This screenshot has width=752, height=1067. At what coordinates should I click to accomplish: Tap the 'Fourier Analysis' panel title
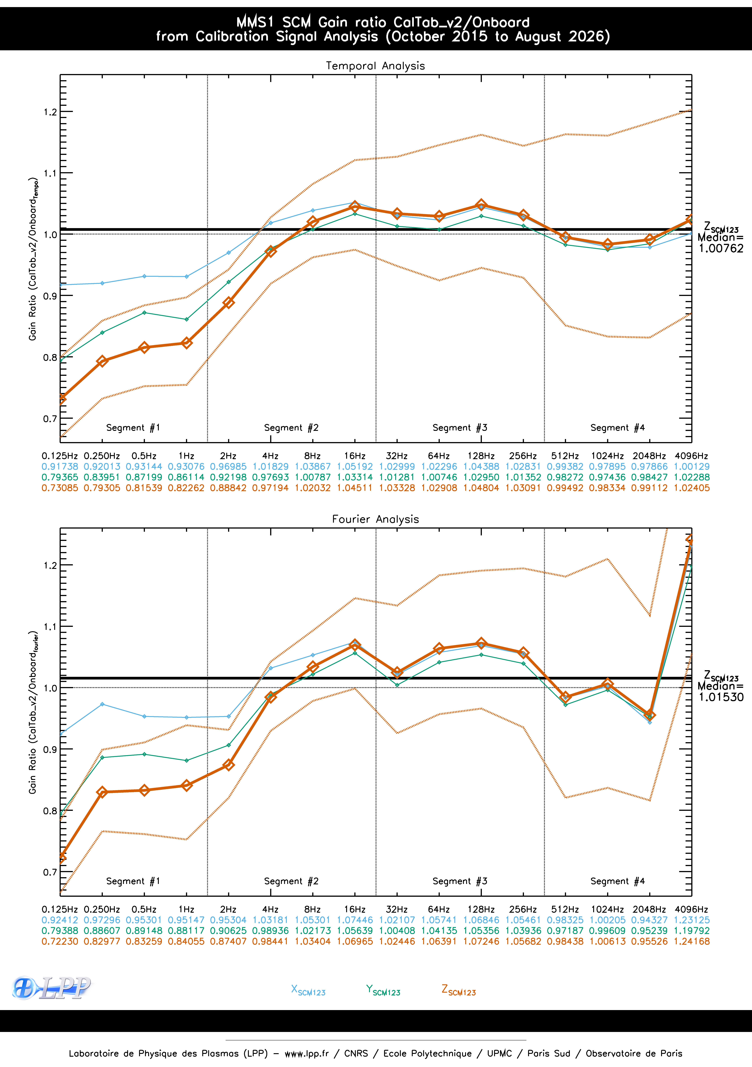[x=375, y=519]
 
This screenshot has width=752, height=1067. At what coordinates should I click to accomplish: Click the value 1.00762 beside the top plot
[x=721, y=249]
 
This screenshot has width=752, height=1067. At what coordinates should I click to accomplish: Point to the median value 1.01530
[x=721, y=697]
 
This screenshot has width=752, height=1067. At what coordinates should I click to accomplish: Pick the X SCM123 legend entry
[x=308, y=990]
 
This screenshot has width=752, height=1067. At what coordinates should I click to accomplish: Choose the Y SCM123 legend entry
[x=383, y=990]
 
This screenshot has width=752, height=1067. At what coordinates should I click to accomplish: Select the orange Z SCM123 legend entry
[x=458, y=990]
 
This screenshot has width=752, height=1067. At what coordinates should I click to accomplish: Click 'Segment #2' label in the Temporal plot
[x=291, y=428]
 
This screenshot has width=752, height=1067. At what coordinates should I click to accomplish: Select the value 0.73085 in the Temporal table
[x=60, y=488]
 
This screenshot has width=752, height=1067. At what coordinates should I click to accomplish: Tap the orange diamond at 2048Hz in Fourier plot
[x=649, y=715]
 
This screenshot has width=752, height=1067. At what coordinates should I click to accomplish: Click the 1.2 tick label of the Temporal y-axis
[x=50, y=112]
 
